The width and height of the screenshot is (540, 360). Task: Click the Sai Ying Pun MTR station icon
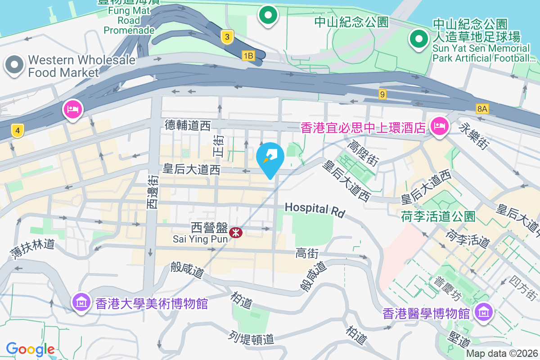click(x=236, y=233)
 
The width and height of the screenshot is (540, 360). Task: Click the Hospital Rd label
click(x=314, y=209)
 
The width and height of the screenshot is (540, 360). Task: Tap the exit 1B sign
click(x=248, y=55)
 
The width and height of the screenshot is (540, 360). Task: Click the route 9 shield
click(x=382, y=94)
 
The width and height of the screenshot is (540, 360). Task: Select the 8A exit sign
click(x=482, y=108)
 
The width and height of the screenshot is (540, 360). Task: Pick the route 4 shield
click(x=17, y=131)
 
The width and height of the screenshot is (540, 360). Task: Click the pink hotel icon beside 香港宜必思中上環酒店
click(x=438, y=126)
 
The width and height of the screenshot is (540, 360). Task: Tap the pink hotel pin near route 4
click(x=73, y=109)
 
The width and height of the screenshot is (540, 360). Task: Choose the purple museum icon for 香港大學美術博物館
click(x=81, y=302)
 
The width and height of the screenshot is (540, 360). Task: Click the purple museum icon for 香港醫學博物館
click(x=483, y=311)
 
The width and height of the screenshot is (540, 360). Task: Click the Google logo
click(x=30, y=349)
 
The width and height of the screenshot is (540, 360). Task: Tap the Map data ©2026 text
click(x=501, y=354)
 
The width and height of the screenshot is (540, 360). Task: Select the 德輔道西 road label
click(x=188, y=126)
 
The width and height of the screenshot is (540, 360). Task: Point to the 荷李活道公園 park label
click(x=438, y=216)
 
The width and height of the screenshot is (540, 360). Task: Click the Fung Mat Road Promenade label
click(x=130, y=20)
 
